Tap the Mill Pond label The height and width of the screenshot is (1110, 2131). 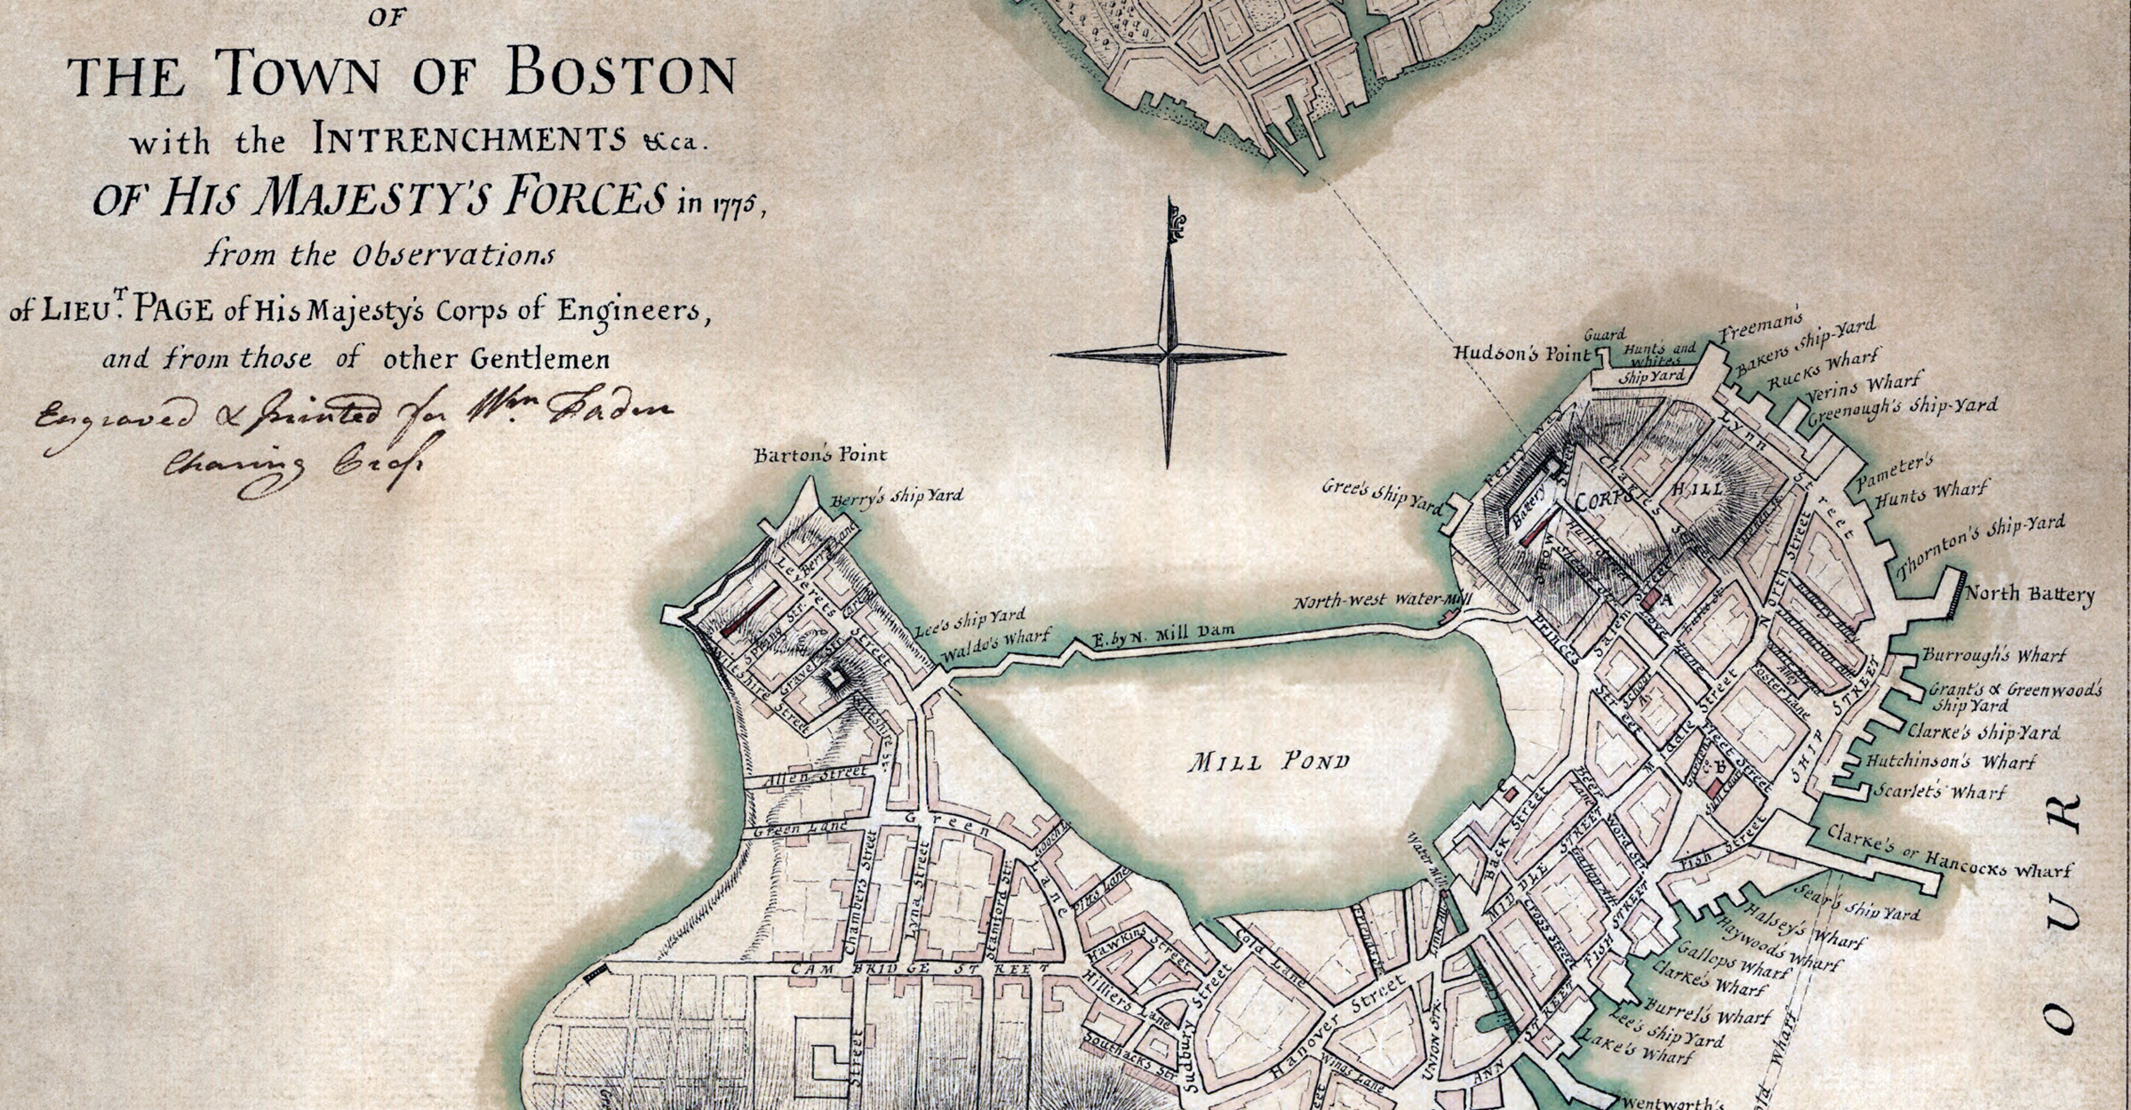1270,761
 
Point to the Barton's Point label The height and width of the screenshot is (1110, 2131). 819,455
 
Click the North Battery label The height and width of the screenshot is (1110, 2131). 2029,594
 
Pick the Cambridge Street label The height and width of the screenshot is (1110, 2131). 920,968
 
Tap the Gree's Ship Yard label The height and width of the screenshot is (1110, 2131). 1382,495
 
